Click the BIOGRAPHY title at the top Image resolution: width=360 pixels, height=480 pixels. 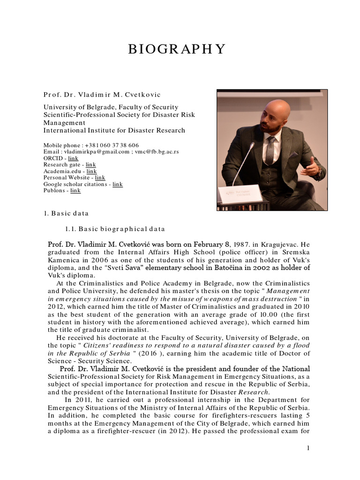[x=177, y=49]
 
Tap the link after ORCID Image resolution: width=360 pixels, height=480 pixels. [x=74, y=159]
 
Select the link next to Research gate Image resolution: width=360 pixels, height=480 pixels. [x=91, y=165]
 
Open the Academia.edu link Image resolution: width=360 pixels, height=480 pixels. [x=91, y=172]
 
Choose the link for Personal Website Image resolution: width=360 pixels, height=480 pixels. [x=100, y=178]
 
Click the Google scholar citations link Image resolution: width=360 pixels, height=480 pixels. [x=117, y=184]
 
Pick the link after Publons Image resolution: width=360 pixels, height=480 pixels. [x=75, y=190]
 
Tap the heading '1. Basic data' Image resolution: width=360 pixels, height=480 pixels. [x=66, y=213]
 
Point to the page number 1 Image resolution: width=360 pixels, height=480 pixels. [x=308, y=449]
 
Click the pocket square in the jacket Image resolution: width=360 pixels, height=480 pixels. [x=293, y=154]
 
